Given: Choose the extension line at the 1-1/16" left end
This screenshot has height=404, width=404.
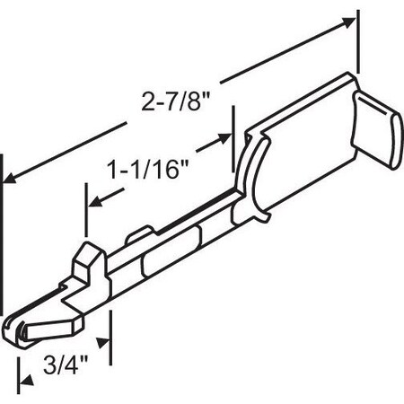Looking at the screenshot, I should click(x=86, y=215).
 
